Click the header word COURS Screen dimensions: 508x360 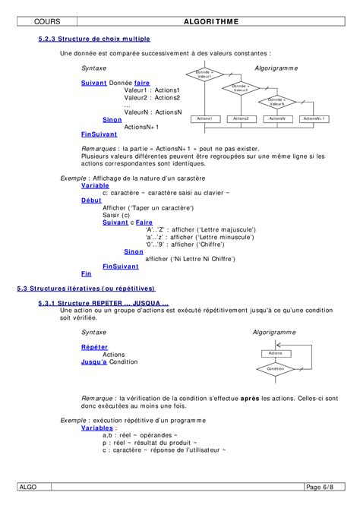tap(48, 21)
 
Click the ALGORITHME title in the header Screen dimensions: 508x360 tap(211, 21)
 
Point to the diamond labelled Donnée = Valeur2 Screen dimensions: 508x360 tap(241, 87)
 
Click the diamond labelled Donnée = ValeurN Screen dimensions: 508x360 tap(276, 101)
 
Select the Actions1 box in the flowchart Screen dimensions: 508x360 tap(204, 118)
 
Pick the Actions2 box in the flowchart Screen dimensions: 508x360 tap(241, 118)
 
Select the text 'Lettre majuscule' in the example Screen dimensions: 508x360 tap(224, 229)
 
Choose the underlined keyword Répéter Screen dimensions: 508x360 tap(94, 346)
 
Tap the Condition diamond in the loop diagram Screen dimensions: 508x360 tap(276, 368)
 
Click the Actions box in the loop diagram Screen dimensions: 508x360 tap(276, 353)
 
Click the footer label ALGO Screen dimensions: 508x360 tap(29, 486)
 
